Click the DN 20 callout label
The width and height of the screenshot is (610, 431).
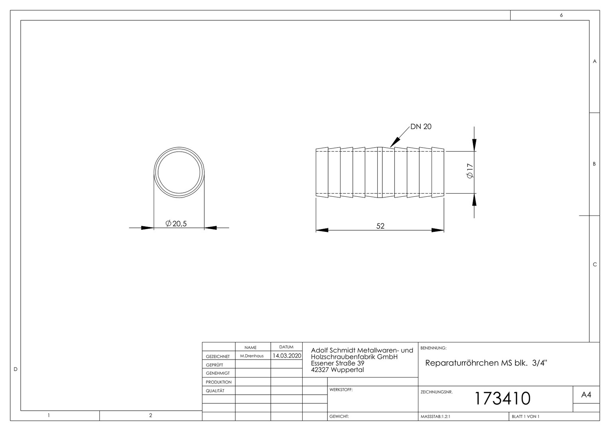[x=421, y=127]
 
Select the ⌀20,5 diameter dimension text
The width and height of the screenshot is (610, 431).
[x=176, y=223]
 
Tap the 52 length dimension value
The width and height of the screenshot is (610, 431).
[x=380, y=226]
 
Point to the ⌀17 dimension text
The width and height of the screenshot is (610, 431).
[x=470, y=171]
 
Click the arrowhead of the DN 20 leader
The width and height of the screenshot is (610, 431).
[x=395, y=142]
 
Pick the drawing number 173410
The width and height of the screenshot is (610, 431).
[x=503, y=398]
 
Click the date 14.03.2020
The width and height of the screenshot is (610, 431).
[x=287, y=356]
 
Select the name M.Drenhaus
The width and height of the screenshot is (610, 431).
[x=252, y=356]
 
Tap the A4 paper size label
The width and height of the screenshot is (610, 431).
[x=586, y=395]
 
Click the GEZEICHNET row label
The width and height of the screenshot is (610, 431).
[x=218, y=356]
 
